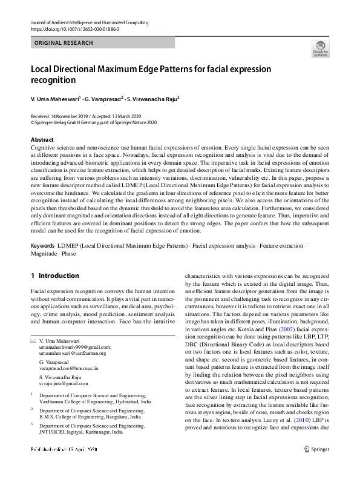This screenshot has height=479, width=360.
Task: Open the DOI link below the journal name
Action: tap(74, 29)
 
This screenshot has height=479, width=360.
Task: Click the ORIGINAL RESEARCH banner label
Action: tap(64, 43)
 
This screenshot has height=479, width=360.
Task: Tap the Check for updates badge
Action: tap(320, 49)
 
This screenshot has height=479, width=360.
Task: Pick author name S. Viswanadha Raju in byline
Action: tap(153, 99)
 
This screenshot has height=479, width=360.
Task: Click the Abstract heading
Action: tap(42, 140)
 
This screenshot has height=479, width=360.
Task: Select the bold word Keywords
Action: tap(42, 263)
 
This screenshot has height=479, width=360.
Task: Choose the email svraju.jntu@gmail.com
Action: tap(63, 383)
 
